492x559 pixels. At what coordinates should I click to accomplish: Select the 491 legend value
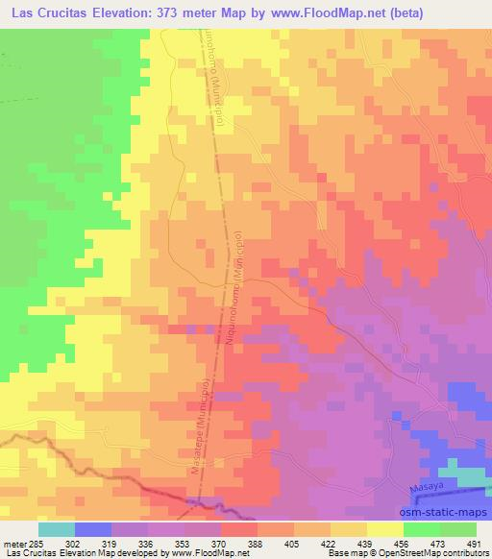470,543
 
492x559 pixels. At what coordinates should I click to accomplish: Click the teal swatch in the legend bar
57,529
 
